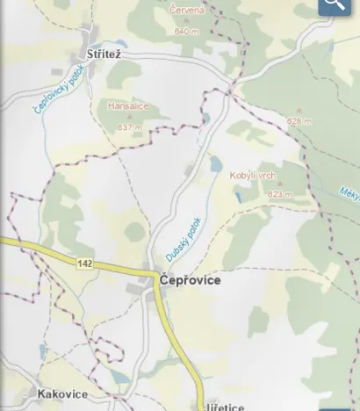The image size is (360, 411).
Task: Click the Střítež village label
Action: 104,55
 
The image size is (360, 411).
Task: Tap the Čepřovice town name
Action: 190,281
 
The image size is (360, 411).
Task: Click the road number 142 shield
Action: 84,263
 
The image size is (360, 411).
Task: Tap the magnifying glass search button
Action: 335,5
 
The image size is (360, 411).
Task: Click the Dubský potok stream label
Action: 183,239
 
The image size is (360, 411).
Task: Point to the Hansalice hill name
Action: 127,106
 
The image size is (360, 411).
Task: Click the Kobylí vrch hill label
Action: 252,176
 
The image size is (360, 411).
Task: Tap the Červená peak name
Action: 186,11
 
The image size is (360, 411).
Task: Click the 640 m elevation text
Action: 187,31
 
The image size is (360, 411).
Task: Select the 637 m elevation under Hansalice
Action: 129,127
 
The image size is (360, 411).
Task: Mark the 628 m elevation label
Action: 299,121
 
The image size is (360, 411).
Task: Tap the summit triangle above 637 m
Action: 129,117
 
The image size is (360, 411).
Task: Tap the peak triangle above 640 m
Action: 187,21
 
